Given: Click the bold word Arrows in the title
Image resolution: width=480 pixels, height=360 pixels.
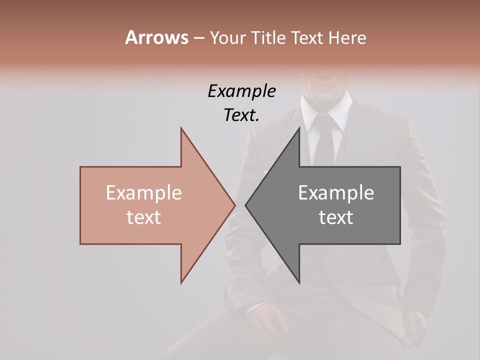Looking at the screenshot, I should click(156, 37).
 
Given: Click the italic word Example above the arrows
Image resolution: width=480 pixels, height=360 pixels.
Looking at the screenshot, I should click(241, 91).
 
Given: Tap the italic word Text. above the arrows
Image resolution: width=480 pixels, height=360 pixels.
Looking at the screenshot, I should click(241, 115).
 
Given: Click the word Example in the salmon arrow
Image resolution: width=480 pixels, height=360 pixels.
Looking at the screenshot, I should click(143, 193).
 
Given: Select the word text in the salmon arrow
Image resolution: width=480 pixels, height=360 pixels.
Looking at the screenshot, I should click(143, 217).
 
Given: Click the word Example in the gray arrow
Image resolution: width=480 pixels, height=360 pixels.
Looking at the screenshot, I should click(336, 193).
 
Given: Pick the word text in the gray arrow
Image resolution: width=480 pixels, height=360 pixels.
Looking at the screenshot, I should click(336, 217).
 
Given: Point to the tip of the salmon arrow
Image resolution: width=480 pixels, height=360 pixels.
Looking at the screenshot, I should click(234, 205).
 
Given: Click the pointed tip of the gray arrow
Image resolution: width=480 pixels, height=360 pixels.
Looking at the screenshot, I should click(246, 205).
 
